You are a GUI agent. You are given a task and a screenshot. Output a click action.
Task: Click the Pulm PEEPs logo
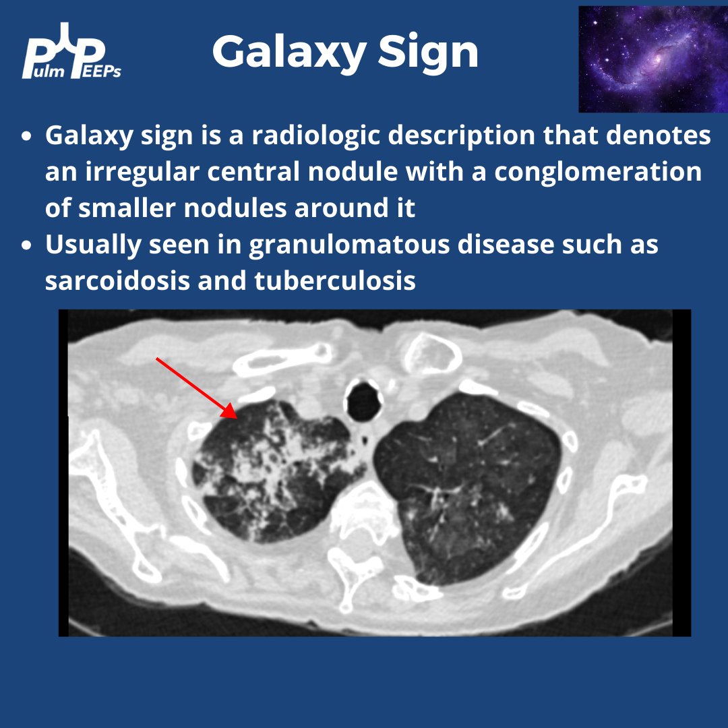point(73,52)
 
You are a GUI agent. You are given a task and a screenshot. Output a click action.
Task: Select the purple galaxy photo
point(653,59)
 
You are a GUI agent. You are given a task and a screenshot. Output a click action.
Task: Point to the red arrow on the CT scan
point(195,388)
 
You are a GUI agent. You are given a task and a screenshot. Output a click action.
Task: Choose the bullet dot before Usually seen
point(26,245)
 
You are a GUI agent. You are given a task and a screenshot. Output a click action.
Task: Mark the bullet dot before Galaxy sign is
point(26,136)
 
